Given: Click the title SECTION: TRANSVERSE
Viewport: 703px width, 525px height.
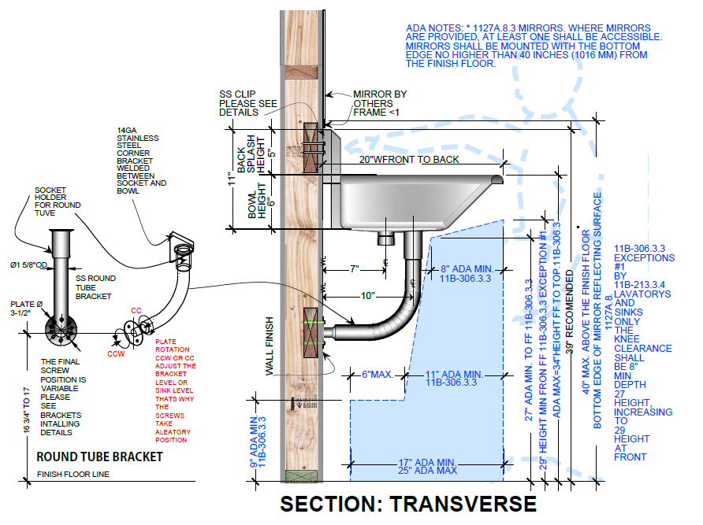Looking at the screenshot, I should (x=407, y=505).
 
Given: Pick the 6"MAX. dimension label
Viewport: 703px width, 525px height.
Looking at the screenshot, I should (x=376, y=373).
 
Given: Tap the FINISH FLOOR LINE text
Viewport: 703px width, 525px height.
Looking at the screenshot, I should (x=73, y=475).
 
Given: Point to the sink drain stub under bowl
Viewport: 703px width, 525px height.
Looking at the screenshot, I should (x=385, y=235).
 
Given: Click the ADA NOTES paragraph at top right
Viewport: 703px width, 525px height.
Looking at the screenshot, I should (x=534, y=46).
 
